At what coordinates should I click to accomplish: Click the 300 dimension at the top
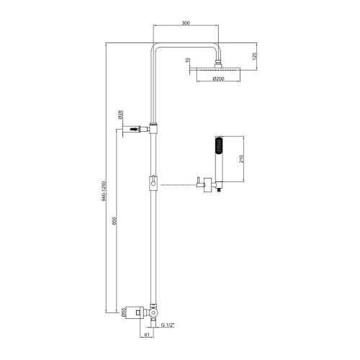point(186,23)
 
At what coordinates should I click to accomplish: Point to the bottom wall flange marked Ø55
point(135,313)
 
